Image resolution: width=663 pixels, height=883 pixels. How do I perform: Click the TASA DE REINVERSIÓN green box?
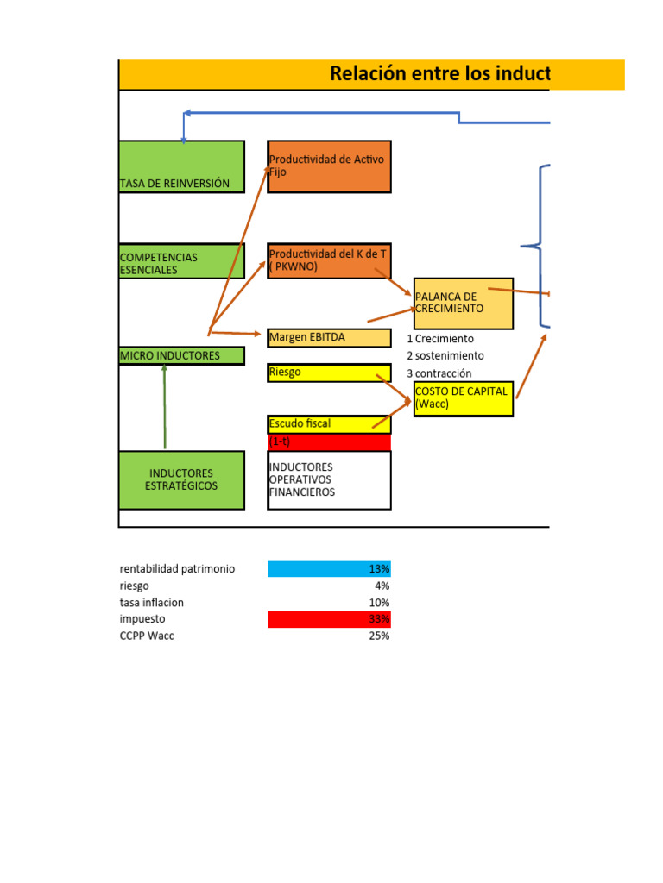pos(182,166)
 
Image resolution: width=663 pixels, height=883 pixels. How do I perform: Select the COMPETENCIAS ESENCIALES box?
pos(182,261)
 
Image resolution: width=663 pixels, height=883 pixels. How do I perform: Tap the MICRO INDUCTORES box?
pos(182,355)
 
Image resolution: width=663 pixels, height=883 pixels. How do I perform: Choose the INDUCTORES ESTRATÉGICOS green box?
pos(182,480)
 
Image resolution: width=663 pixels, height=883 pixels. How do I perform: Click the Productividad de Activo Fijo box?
pos(329,166)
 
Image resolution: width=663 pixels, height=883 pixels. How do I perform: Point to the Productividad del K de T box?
pos(329,261)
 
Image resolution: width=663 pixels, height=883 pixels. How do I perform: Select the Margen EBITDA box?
pos(329,337)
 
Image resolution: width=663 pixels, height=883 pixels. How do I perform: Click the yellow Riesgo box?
pos(329,373)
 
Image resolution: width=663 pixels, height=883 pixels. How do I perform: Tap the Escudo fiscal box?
pos(329,424)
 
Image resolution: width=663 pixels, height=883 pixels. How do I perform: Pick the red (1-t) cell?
pos(329,441)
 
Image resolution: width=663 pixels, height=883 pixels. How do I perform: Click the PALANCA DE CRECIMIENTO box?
pos(464,304)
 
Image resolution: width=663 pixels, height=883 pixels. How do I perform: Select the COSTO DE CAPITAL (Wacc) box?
pos(464,398)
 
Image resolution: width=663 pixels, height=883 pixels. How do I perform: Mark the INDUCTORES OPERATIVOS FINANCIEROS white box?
pos(329,480)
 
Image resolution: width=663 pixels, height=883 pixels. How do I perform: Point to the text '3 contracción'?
pos(439,373)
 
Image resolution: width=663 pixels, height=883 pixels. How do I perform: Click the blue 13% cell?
pos(329,569)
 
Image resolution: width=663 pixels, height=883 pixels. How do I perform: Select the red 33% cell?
pos(329,619)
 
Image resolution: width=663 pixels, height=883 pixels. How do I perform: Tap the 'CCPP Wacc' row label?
pos(147,636)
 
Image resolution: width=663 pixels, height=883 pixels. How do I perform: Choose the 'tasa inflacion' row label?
pos(152,603)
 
